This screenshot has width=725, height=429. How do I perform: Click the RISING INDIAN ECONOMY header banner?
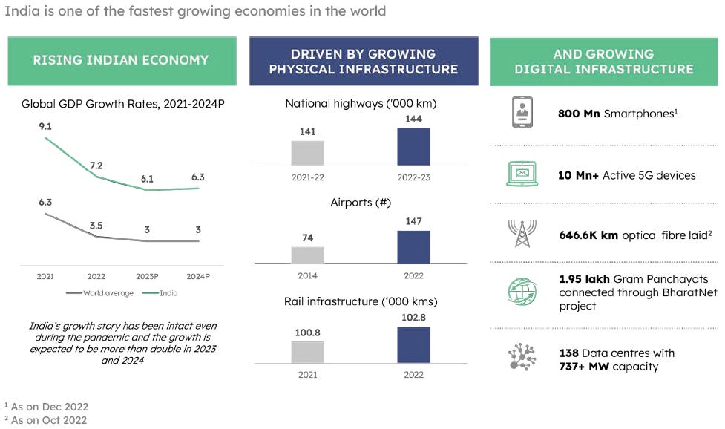(x=121, y=60)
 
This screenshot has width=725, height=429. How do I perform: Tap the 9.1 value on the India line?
(x=45, y=126)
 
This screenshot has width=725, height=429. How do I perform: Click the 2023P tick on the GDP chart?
(x=148, y=276)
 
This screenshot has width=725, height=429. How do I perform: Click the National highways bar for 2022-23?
(x=413, y=146)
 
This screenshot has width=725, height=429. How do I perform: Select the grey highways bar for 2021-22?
(x=308, y=153)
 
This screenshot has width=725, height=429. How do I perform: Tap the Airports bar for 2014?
(x=308, y=255)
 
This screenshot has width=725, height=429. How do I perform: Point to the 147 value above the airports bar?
(x=413, y=220)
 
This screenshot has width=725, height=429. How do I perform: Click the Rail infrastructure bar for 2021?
(x=308, y=352)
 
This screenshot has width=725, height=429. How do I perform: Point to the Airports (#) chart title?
(x=361, y=203)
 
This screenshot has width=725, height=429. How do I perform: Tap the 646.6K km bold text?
(x=588, y=235)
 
